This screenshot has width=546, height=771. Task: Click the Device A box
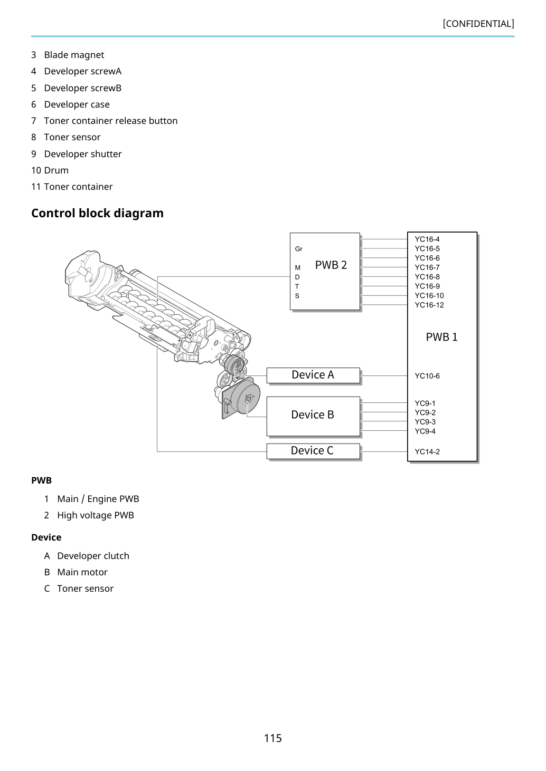313,375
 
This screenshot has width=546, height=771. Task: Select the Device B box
313,416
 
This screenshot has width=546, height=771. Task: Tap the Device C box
313,451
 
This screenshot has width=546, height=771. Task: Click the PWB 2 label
331,265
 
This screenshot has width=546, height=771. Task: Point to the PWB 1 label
441,337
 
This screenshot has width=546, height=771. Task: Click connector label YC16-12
429,305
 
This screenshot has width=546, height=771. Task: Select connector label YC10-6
427,376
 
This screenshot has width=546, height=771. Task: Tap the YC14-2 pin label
427,451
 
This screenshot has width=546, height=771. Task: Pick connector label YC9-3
425,422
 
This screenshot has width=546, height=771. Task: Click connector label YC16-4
427,239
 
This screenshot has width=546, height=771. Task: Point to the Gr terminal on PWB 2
298,249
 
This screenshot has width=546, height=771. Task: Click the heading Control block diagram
97,214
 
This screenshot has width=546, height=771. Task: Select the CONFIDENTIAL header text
478,24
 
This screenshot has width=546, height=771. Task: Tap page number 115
273,738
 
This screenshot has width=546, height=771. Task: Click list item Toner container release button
111,121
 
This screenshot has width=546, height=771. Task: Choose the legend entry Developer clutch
93,556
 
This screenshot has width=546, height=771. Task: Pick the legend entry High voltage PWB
96,515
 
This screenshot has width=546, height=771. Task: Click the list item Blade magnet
74,55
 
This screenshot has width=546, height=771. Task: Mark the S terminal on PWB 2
297,296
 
